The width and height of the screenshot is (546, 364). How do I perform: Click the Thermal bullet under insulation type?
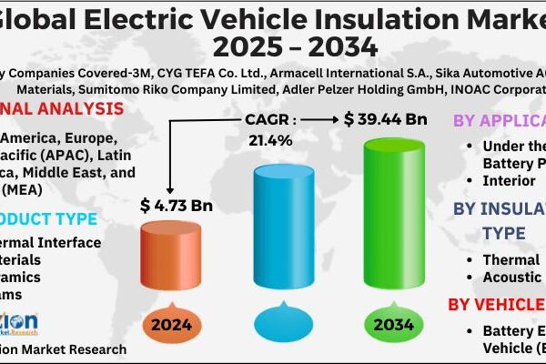(511, 259)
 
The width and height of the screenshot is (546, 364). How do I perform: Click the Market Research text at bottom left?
(73, 349)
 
